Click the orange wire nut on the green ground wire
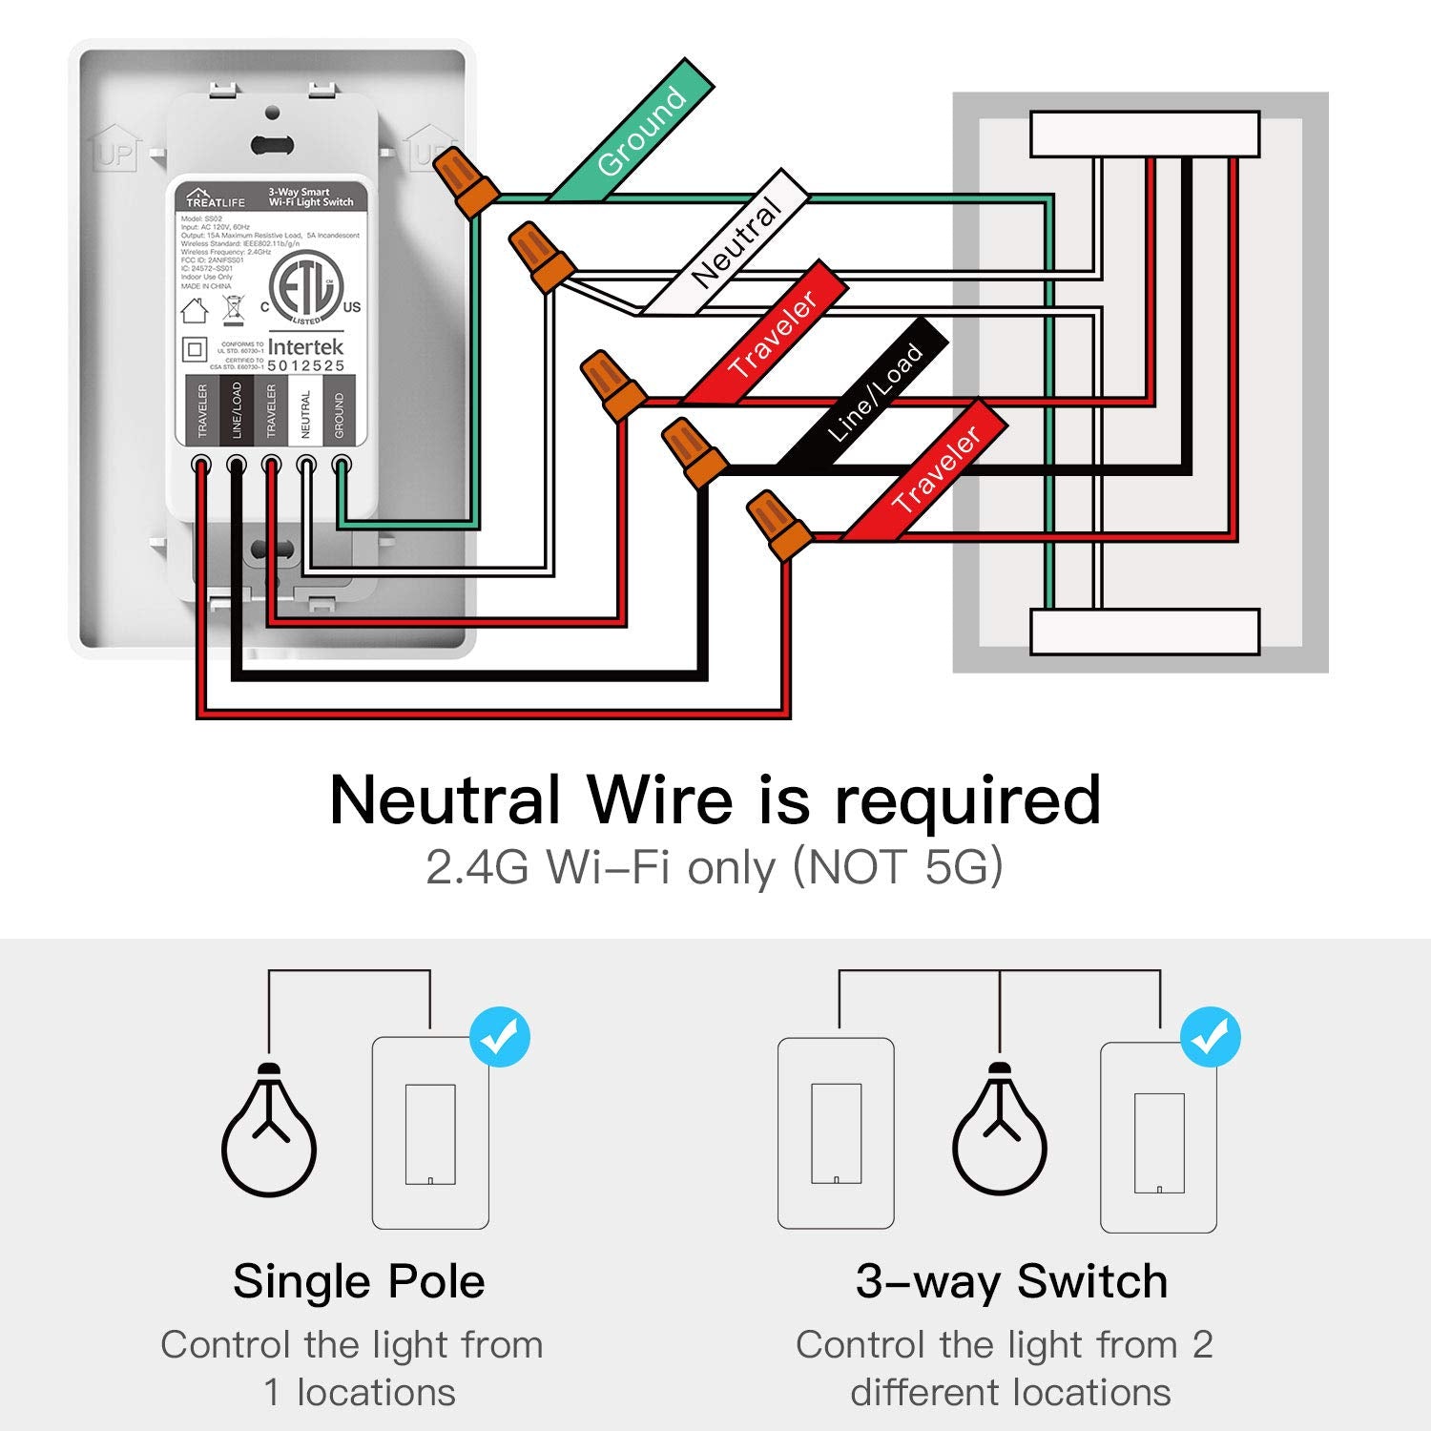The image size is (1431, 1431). pos(464,183)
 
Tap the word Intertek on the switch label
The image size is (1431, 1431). pos(305,346)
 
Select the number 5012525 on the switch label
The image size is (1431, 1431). pos(305,365)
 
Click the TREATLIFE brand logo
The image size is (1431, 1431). pos(216,197)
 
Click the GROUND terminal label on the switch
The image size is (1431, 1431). pos(340,410)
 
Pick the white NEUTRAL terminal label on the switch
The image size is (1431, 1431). pos(305,410)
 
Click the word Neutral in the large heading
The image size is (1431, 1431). pos(445,799)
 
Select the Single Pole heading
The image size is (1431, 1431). pos(359,1281)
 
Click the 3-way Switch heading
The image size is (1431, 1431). pos(1011,1281)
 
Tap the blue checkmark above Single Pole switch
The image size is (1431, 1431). pos(500,1037)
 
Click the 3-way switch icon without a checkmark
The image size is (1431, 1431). pos(836,1133)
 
